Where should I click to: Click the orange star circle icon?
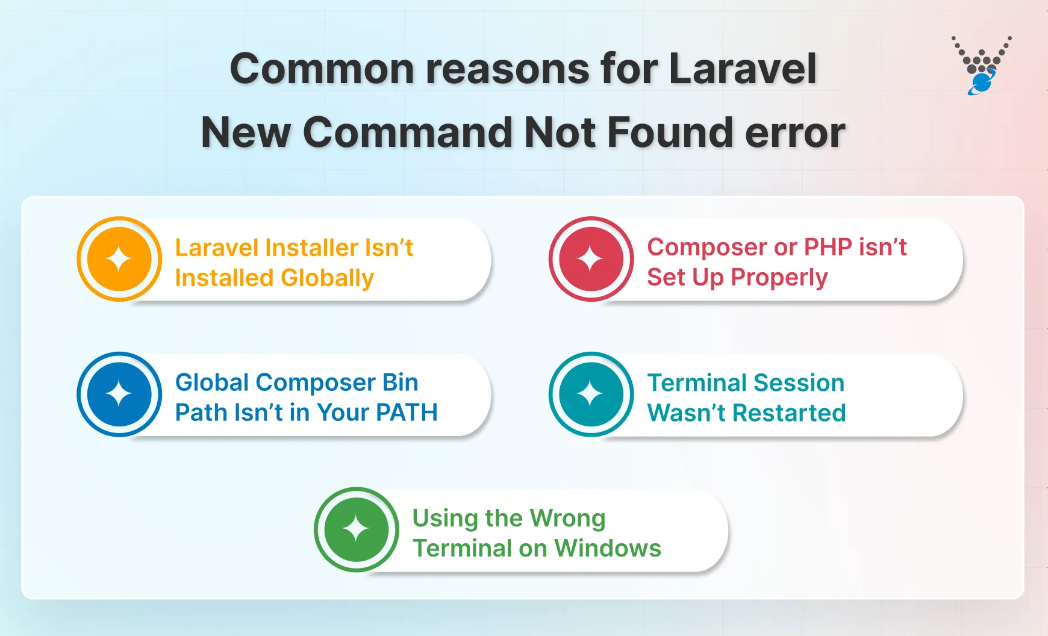(x=119, y=259)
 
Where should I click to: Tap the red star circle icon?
(x=591, y=259)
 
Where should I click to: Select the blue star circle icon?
(x=119, y=394)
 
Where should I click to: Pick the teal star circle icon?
(x=591, y=394)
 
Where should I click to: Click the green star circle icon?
(x=356, y=529)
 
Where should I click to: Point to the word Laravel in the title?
(x=743, y=68)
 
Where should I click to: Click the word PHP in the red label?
(x=828, y=247)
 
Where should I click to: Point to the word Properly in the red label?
(x=779, y=278)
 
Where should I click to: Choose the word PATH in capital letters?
(x=407, y=413)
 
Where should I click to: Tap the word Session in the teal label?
(x=799, y=383)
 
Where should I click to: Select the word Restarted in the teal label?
(x=789, y=413)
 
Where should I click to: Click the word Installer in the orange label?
(x=312, y=248)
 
